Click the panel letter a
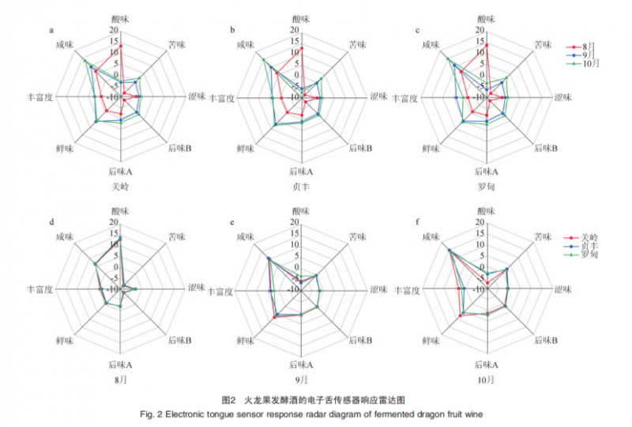coord(52,30)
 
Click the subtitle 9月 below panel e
coord(301,380)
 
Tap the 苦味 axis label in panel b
coord(358,45)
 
